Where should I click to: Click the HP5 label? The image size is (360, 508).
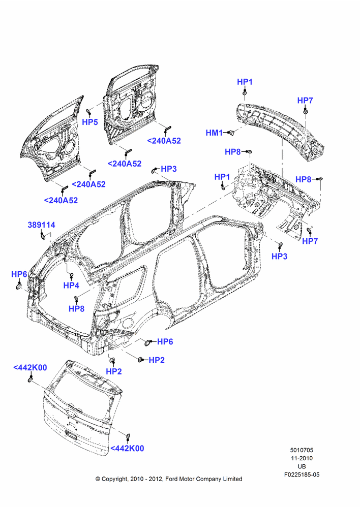[90, 122]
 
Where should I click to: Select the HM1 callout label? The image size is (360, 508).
[215, 133]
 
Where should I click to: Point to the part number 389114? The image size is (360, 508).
[42, 225]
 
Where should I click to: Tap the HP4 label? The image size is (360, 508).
[71, 285]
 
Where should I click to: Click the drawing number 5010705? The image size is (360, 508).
[302, 450]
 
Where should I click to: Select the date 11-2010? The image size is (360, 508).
[302, 458]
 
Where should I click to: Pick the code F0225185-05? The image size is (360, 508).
[302, 474]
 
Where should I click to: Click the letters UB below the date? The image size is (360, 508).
[302, 466]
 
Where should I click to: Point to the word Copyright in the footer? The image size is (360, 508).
[114, 479]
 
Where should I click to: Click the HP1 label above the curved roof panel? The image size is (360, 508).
[245, 82]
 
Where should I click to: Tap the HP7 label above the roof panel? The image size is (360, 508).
[305, 101]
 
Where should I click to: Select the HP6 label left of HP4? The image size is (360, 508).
[19, 274]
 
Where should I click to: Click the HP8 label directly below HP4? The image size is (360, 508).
[77, 309]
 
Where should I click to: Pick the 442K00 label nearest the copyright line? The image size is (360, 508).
[127, 449]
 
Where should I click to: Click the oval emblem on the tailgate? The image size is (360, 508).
[70, 414]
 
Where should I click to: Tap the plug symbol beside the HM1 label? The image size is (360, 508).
[231, 132]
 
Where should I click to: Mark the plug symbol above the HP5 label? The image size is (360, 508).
[88, 112]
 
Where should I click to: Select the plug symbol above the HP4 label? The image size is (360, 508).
[72, 275]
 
